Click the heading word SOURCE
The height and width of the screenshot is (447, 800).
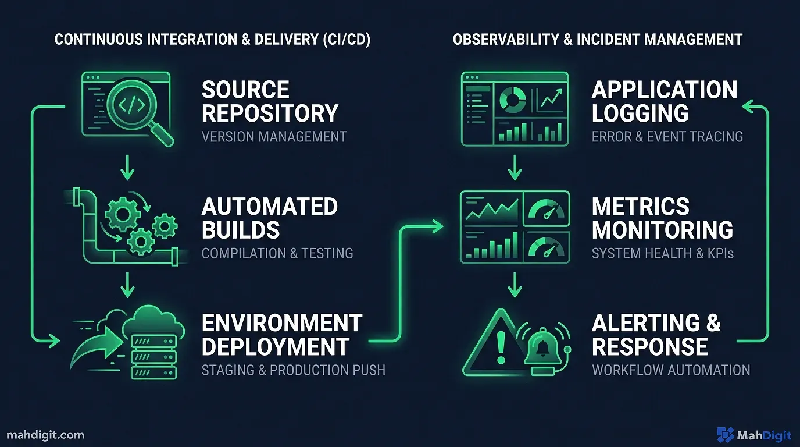245,90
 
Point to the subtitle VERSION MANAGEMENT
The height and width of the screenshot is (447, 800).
274,137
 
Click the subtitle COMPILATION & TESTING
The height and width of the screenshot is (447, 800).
277,253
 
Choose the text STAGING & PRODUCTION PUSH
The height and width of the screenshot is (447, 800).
293,370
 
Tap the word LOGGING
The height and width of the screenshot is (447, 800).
640,113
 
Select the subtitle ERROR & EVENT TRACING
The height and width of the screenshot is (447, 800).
667,137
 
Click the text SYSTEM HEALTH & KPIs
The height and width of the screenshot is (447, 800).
663,253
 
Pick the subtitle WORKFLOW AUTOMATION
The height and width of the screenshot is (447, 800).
671,370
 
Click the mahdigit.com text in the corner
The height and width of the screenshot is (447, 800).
46,435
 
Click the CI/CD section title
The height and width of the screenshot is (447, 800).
212,40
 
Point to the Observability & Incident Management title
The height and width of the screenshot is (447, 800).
598,40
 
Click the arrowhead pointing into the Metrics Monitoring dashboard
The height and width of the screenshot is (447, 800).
438,226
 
